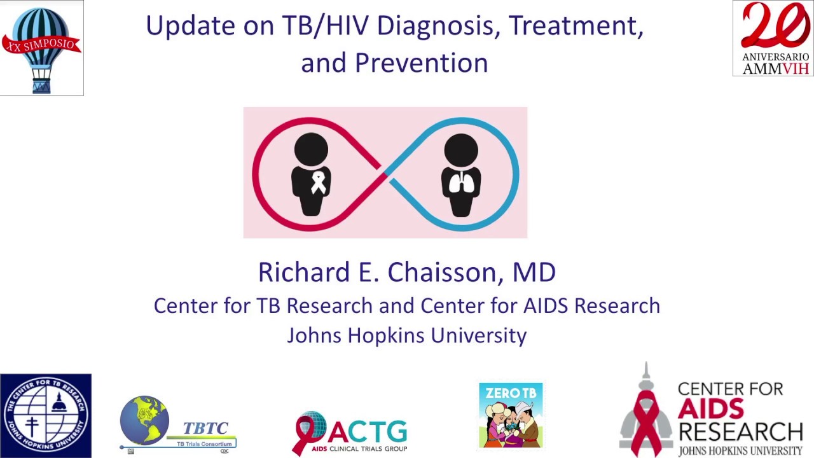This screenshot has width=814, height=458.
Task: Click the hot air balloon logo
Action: coord(41,48)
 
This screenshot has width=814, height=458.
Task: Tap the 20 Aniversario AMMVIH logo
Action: coord(773,38)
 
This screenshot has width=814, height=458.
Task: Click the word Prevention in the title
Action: coord(421,63)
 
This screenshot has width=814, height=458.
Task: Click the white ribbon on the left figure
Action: coord(318,184)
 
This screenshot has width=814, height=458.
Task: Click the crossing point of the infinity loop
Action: coord(385,174)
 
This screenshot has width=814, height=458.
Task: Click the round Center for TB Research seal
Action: coord(46,415)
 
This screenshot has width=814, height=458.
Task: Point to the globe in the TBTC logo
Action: coord(144,420)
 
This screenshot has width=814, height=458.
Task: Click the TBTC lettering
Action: coord(205,428)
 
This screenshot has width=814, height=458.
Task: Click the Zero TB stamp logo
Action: coord(511,415)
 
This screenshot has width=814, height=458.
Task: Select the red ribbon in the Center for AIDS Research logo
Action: coord(647,420)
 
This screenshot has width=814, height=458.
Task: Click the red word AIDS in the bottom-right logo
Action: coord(710,408)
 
